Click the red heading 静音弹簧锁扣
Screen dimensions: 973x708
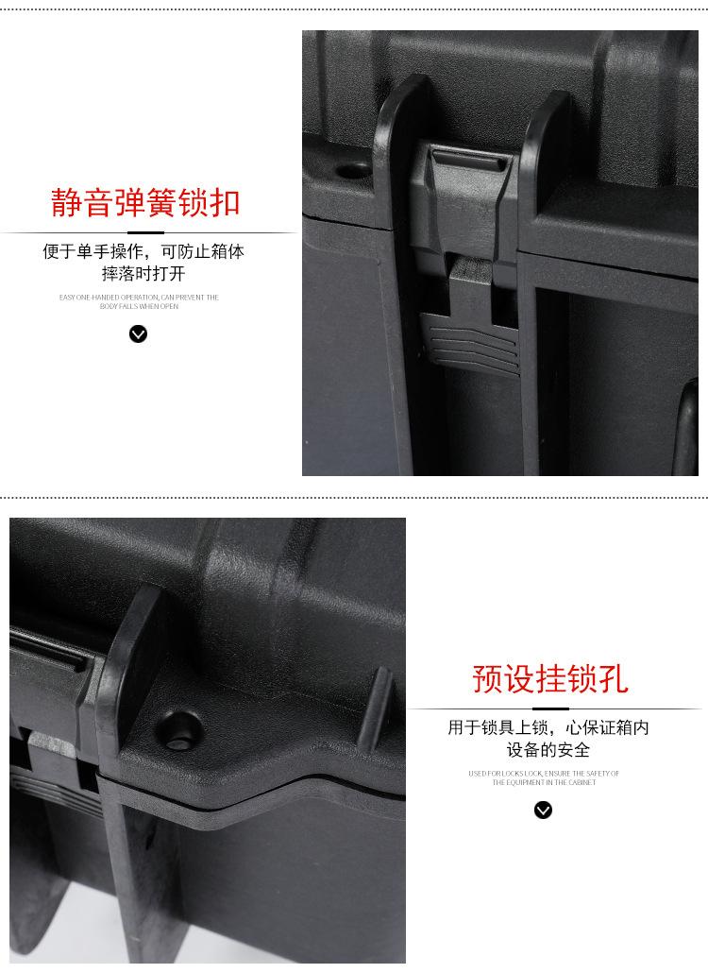145,202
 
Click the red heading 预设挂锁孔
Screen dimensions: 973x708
549,678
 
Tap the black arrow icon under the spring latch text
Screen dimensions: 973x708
139,333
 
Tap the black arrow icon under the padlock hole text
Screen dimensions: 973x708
543,810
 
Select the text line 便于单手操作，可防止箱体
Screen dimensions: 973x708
143,252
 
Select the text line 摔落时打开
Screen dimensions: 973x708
143,274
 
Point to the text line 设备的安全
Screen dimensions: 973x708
548,750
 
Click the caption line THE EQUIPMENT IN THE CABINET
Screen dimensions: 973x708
544,782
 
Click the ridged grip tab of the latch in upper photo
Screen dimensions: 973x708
469,342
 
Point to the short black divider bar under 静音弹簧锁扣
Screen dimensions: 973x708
145,231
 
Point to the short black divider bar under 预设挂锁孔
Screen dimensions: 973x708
549,708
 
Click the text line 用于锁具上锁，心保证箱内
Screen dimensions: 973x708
548,728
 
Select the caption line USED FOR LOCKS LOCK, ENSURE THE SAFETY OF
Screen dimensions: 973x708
544,774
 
